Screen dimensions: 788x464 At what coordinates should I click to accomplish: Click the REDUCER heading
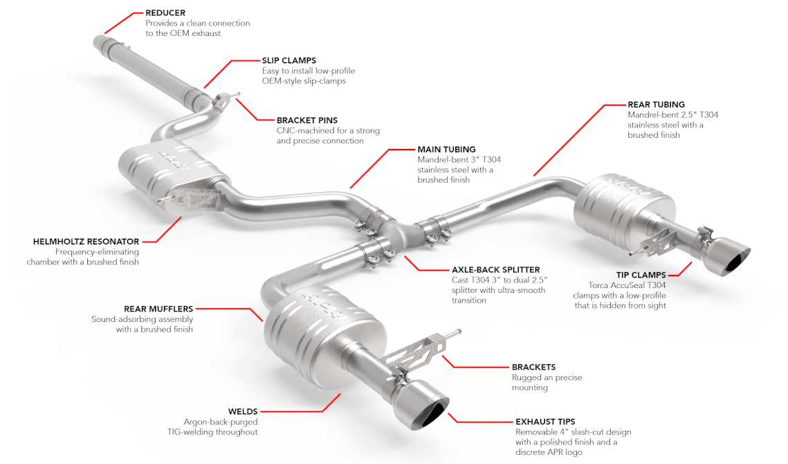(165, 13)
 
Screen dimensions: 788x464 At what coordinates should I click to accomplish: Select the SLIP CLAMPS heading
(289, 60)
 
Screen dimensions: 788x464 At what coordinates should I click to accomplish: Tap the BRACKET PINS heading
(307, 121)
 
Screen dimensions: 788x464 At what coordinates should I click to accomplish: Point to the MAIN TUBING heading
(446, 150)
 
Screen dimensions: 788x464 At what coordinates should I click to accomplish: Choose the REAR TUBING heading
(656, 105)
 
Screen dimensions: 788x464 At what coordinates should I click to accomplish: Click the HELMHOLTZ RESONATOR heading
(86, 242)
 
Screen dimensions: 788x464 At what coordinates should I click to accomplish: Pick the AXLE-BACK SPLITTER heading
(495, 270)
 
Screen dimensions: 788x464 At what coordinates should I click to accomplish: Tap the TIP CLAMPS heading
(641, 275)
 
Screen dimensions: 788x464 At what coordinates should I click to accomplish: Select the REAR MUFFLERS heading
(158, 309)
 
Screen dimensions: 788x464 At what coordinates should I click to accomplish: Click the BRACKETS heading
(533, 367)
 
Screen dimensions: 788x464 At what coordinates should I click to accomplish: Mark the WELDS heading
(243, 411)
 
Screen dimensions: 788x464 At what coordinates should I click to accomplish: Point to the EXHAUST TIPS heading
(545, 422)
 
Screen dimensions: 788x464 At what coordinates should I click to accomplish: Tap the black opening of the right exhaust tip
(737, 260)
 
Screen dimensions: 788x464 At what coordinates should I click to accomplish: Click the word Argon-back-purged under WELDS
(221, 422)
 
